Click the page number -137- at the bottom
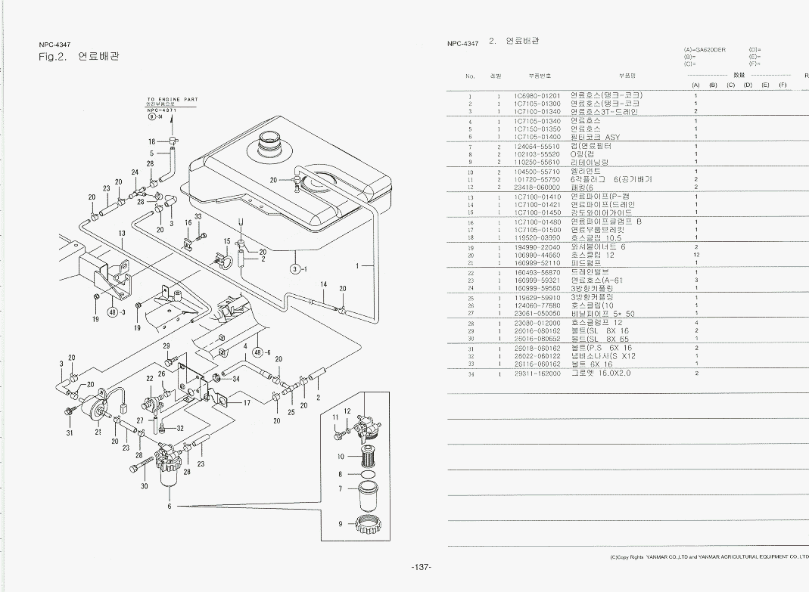coord(421,568)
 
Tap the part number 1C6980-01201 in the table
coord(537,96)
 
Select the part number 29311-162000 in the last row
coord(537,373)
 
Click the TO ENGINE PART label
coord(172,99)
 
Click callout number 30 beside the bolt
coord(144,486)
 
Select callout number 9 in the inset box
coord(341,524)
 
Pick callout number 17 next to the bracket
coord(247,403)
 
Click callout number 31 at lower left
coord(69,433)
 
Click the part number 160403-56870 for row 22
coord(537,272)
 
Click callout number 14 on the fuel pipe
coord(323,284)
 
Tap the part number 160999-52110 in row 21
coord(537,264)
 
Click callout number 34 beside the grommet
coord(235,379)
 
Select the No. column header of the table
coord(470,76)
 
